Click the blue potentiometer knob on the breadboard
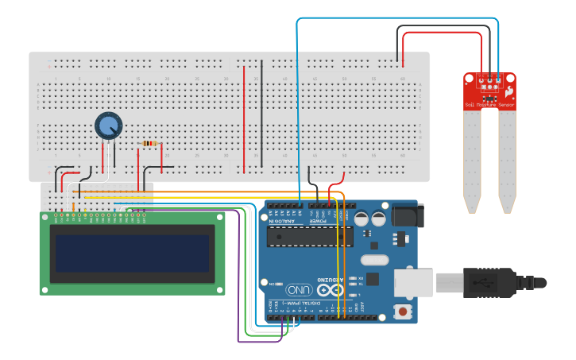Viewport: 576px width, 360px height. pyautogui.click(x=109, y=126)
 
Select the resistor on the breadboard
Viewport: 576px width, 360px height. pyautogui.click(x=149, y=144)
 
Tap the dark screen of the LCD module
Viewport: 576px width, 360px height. pyautogui.click(x=131, y=253)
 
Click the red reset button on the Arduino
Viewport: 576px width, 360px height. pyautogui.click(x=404, y=312)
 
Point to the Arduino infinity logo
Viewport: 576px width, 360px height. pyautogui.click(x=332, y=289)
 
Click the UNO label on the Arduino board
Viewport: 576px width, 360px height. pyautogui.click(x=300, y=290)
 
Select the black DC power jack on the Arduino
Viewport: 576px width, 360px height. pyautogui.click(x=408, y=215)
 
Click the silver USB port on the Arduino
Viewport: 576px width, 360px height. pyautogui.click(x=413, y=282)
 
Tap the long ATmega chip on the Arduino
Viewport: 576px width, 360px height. pyautogui.click(x=310, y=236)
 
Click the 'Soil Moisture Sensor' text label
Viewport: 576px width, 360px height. pyautogui.click(x=489, y=105)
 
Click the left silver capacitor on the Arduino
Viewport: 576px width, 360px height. pyautogui.click(x=361, y=219)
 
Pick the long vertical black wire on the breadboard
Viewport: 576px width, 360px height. pyautogui.click(x=261, y=111)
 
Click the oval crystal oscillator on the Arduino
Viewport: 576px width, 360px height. pyautogui.click(x=374, y=259)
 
